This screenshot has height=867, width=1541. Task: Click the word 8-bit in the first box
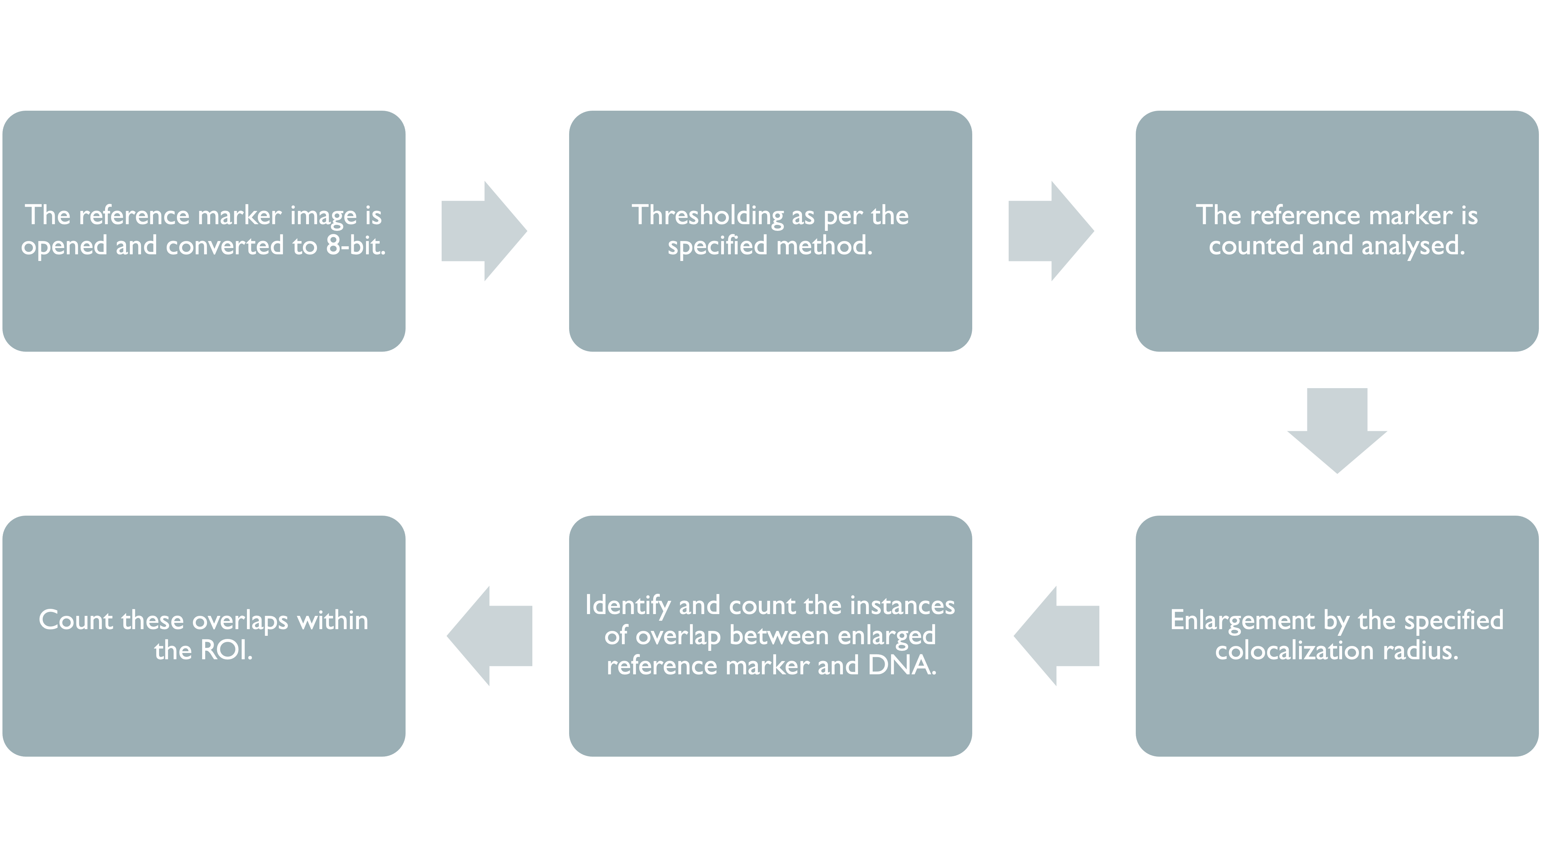[355, 245]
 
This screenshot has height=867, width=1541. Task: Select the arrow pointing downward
[1337, 431]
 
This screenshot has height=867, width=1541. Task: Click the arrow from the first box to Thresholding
[484, 231]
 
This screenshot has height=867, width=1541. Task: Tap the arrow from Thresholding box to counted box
[1051, 231]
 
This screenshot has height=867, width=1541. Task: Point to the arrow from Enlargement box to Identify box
[1056, 636]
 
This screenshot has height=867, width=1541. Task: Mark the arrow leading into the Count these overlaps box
[489, 636]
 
